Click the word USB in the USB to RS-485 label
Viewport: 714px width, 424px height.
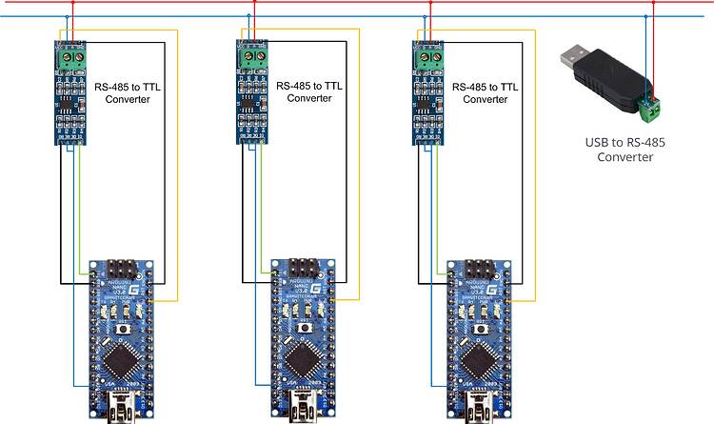(x=597, y=142)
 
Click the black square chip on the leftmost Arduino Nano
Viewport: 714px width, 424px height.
(x=121, y=360)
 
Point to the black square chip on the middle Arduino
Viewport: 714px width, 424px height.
(x=303, y=360)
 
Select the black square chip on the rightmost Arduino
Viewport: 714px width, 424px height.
(x=478, y=360)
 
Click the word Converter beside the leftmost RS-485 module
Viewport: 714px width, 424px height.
(x=128, y=98)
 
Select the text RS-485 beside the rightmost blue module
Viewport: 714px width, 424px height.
(x=471, y=86)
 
